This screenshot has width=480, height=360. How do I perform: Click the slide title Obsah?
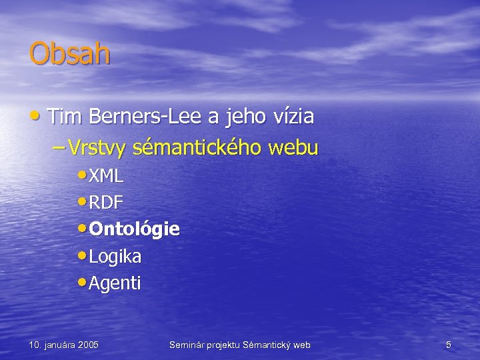[69, 53]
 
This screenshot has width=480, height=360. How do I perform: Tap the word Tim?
[63, 117]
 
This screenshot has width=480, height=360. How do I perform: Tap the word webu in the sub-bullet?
[293, 148]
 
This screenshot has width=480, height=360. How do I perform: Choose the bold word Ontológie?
[134, 230]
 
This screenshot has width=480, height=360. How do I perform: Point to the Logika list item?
[115, 257]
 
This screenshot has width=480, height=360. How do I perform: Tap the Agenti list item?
[115, 283]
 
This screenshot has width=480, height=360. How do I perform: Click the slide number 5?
[449, 345]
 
